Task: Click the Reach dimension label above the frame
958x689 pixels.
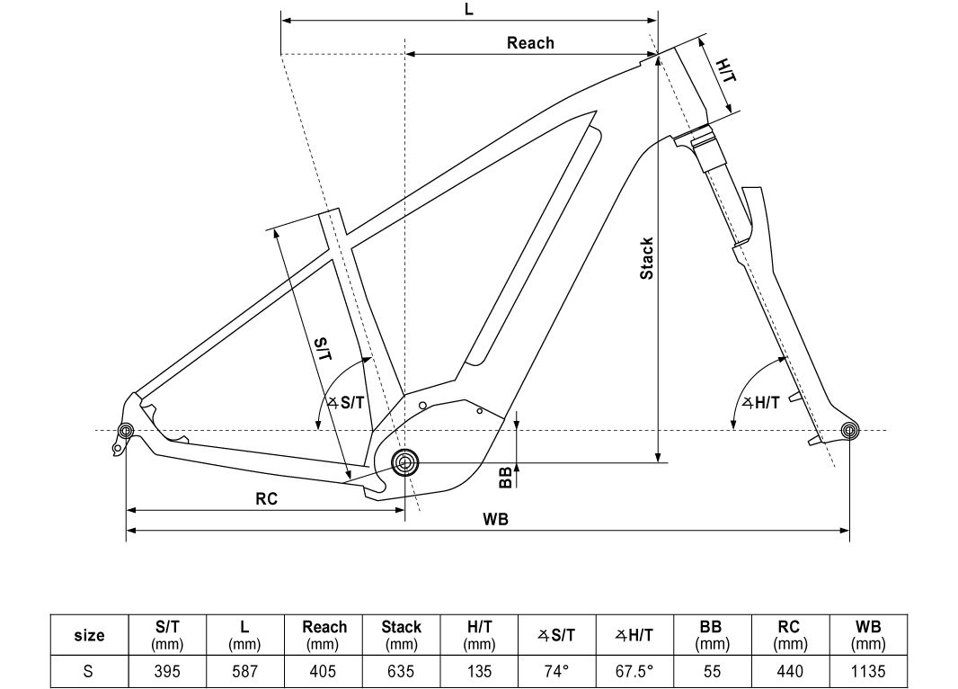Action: [x=530, y=43]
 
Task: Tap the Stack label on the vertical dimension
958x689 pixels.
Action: [x=646, y=259]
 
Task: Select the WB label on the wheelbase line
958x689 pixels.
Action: [x=495, y=519]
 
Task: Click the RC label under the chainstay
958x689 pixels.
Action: [x=266, y=499]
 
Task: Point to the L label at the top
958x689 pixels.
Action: [x=468, y=9]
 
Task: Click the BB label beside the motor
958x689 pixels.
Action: [x=505, y=478]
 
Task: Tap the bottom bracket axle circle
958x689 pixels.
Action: [x=404, y=462]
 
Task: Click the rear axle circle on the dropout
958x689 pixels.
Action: [x=126, y=430]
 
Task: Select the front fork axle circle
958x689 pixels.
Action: [x=849, y=430]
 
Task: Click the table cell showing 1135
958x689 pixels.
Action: [x=868, y=671]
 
